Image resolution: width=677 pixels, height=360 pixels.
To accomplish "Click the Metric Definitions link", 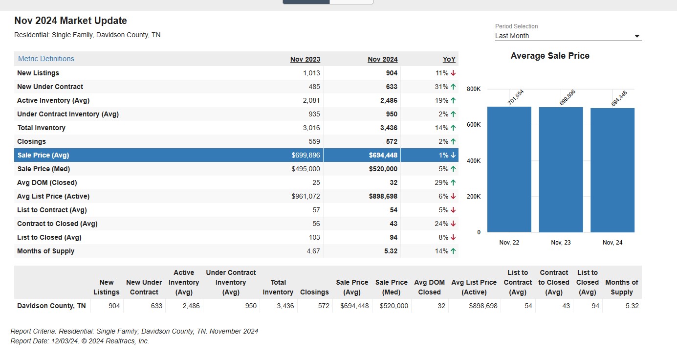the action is coord(46,59).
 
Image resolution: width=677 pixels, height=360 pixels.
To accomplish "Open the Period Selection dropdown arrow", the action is coord(637,36).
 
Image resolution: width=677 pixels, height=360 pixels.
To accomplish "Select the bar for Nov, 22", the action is coord(509,169).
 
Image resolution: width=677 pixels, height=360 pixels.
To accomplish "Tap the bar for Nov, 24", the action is coord(612,170).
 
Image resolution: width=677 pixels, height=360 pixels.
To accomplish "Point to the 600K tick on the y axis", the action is coord(474,125).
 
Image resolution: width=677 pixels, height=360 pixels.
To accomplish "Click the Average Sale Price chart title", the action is coord(550,56).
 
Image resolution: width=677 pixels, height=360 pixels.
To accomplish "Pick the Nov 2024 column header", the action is coord(383,59).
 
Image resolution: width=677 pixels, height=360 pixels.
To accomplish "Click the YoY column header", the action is coord(449,59).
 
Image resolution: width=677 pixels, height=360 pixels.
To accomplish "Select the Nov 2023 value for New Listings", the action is coord(311,73).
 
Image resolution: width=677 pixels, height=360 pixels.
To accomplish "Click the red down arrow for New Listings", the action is coord(453,73).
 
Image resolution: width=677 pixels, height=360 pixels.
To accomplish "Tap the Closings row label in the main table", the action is coord(31,141).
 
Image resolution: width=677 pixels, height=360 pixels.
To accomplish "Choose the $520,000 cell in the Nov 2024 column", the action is coord(383,169).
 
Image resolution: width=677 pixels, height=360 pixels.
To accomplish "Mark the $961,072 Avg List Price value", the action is coord(306,196).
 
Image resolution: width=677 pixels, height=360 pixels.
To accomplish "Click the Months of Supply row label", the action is coord(45,251).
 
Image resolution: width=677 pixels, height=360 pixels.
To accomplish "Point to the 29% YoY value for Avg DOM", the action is coord(441,183).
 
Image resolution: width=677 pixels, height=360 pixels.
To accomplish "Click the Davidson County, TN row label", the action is coord(51,306).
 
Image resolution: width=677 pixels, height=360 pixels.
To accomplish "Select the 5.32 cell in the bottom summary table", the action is coord(632,306).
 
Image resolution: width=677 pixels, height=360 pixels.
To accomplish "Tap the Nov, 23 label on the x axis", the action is coord(561,243).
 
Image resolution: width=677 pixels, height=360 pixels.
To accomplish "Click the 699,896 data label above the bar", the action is coord(568,97).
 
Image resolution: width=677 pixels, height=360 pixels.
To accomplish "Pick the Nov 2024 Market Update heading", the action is coord(70,21).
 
